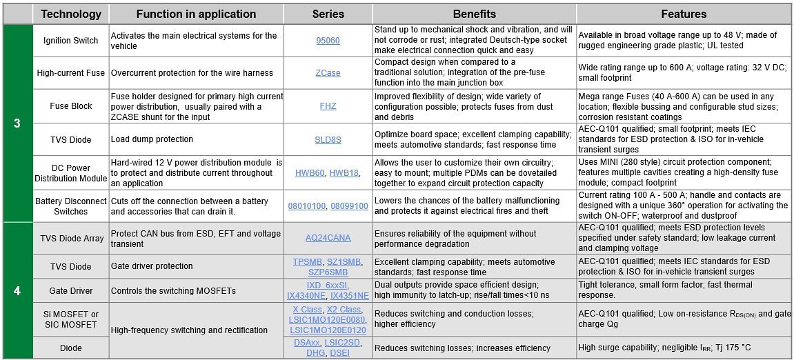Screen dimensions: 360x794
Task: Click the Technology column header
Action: click(x=71, y=14)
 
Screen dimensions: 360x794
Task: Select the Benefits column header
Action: click(x=474, y=14)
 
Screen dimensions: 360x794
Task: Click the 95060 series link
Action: click(x=328, y=41)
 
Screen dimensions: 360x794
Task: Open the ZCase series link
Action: click(x=328, y=72)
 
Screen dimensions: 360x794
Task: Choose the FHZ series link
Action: click(x=328, y=107)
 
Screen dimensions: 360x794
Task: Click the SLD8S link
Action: click(x=328, y=139)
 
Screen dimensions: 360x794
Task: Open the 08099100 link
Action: click(x=349, y=206)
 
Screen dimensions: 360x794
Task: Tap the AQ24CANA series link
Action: click(x=328, y=238)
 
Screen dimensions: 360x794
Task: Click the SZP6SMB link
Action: click(x=328, y=272)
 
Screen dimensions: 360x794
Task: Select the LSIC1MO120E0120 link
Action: click(x=328, y=330)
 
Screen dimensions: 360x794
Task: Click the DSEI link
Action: click(x=340, y=352)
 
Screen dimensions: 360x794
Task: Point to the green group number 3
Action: click(x=17, y=123)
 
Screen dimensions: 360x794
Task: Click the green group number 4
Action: click(x=17, y=290)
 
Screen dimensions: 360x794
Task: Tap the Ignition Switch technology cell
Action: click(x=71, y=41)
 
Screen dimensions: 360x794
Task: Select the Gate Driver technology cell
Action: click(x=71, y=290)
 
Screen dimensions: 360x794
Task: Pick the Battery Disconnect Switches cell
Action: click(x=71, y=206)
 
